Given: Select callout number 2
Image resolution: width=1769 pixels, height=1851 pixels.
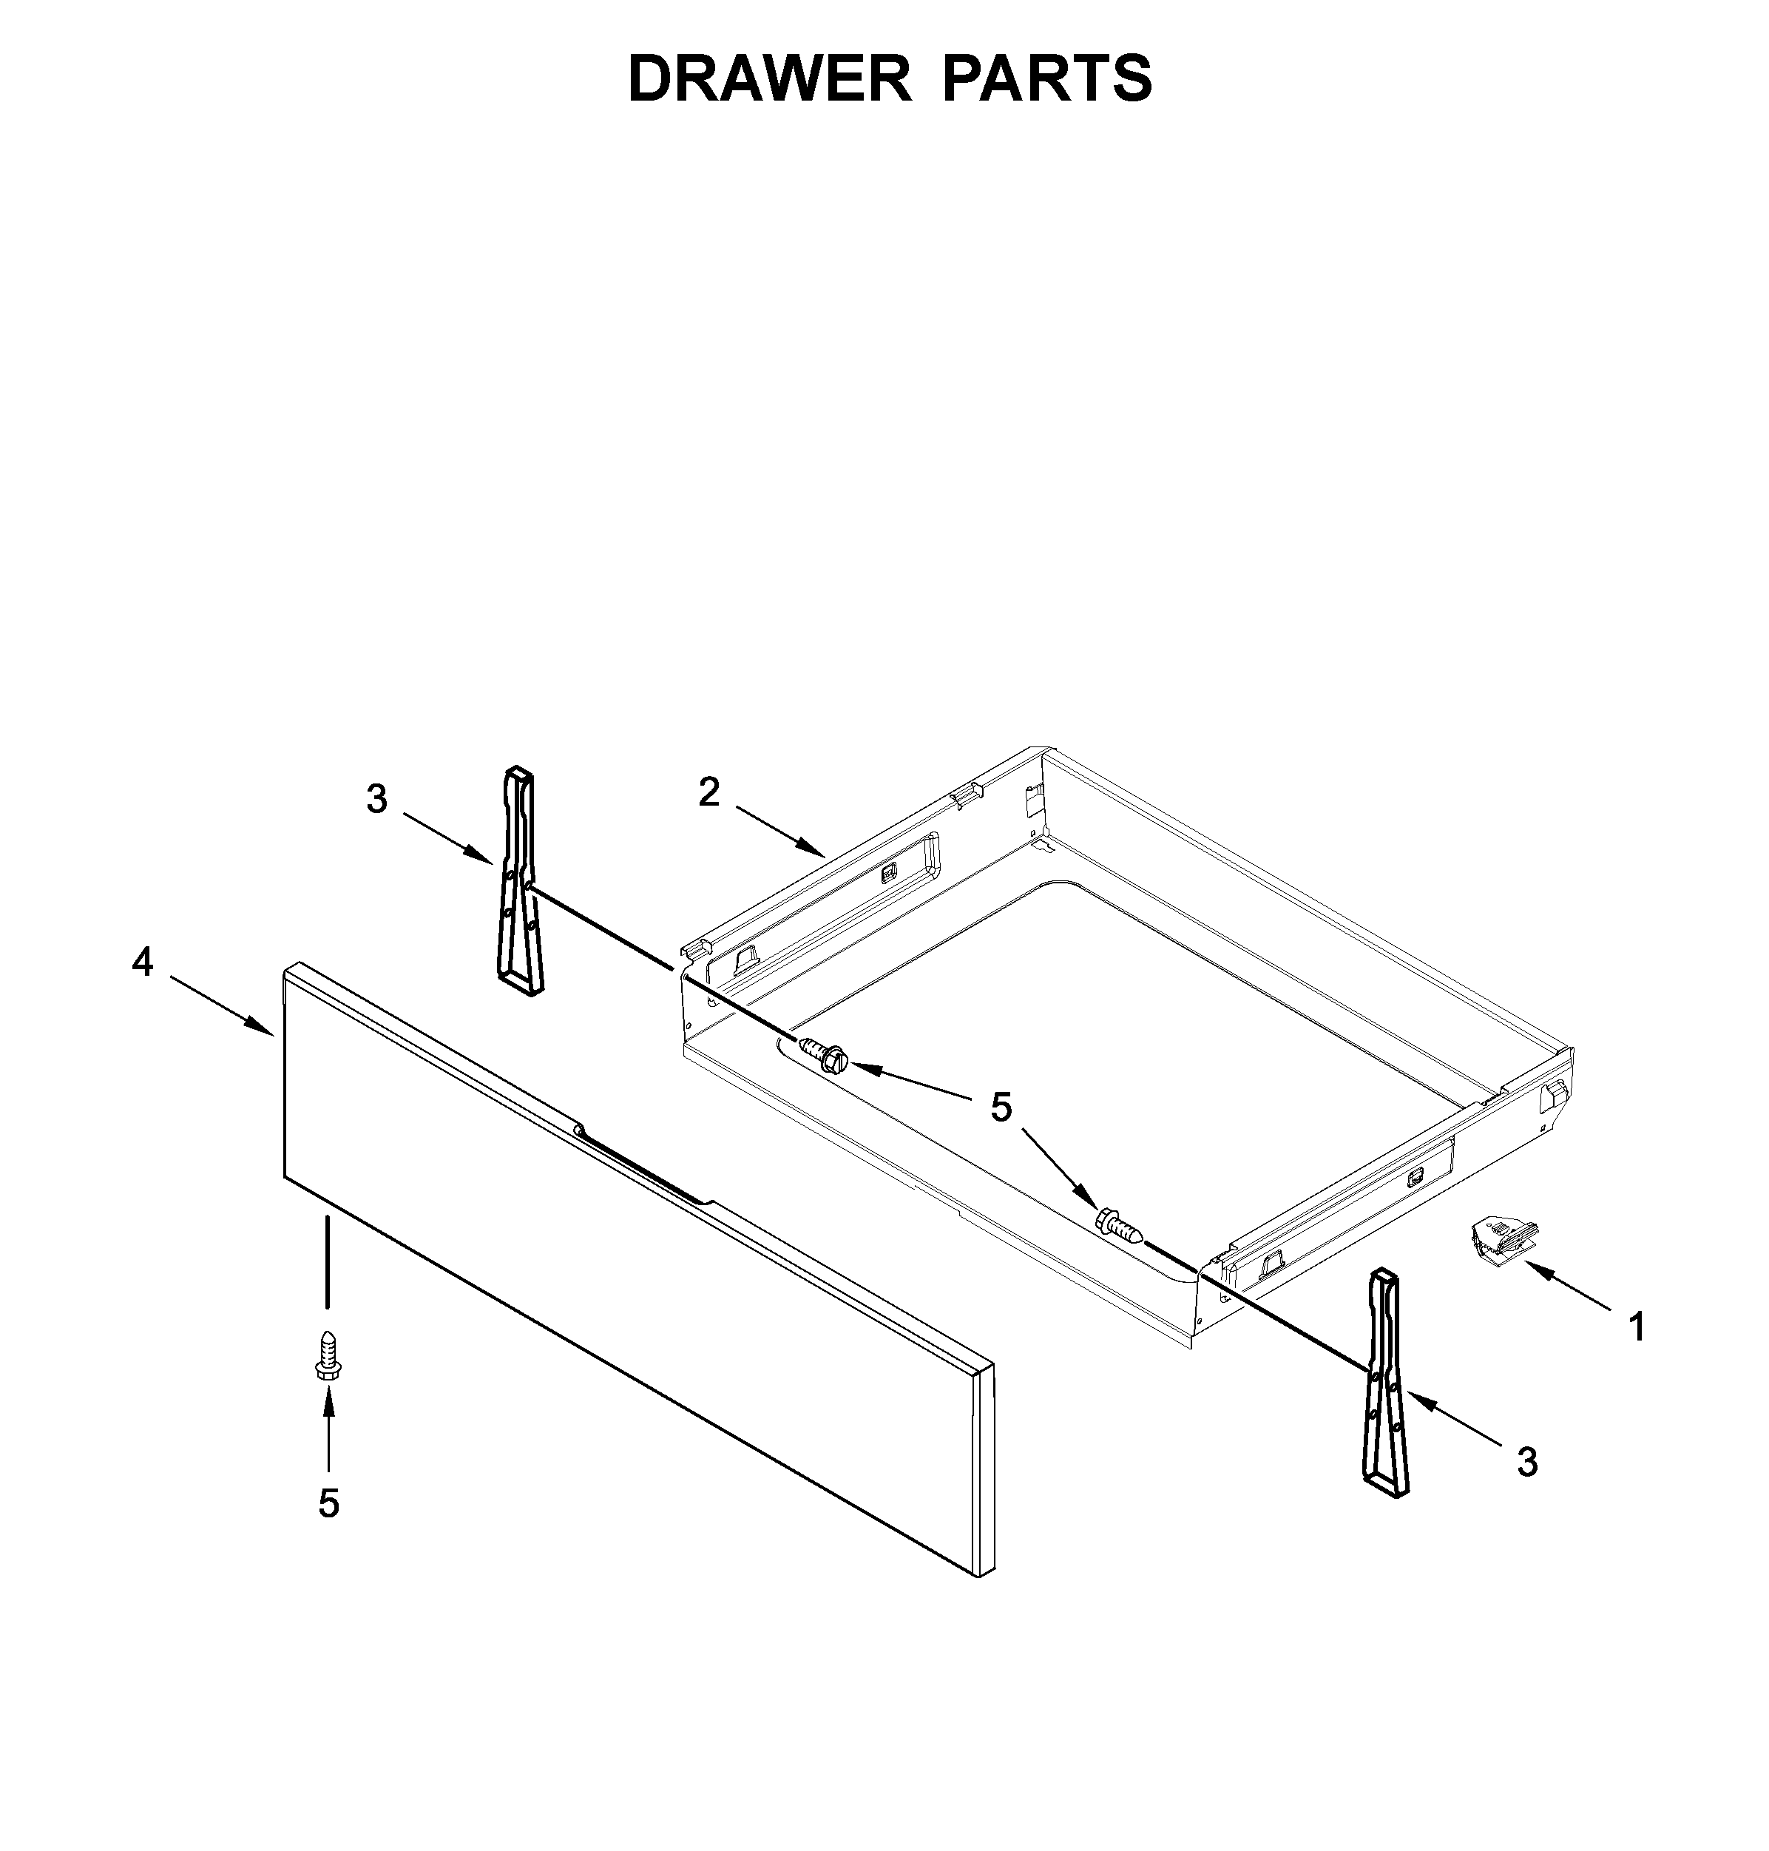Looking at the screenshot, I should tap(708, 792).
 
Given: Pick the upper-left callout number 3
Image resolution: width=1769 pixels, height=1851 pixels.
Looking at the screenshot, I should tap(376, 800).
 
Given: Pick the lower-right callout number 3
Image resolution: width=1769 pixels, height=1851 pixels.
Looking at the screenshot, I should tap(1528, 1463).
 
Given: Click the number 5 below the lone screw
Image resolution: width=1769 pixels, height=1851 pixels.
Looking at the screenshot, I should tap(328, 1504).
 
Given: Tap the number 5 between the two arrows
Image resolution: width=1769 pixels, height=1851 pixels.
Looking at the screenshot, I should tap(1001, 1107).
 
